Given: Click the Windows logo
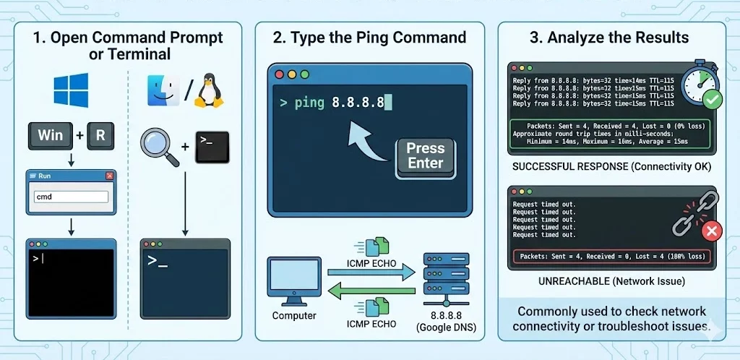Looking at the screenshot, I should tap(71, 90).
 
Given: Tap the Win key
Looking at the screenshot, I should tap(51, 136).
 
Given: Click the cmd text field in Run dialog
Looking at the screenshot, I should tap(71, 196).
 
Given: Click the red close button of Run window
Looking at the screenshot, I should tap(109, 176).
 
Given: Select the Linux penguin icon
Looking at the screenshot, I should tap(210, 90).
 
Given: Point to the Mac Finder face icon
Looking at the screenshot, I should tap(163, 91).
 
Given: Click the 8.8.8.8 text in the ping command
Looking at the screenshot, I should tap(358, 103).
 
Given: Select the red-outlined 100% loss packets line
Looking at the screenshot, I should tap(611, 257).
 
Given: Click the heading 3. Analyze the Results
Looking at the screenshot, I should tap(609, 38).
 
